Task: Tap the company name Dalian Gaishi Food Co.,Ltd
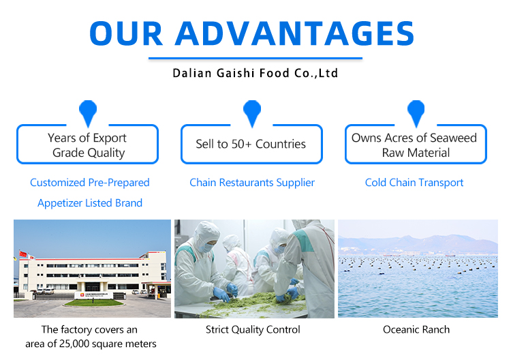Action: tap(255, 73)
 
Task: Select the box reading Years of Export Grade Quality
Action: tap(87, 145)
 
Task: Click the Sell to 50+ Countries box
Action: tap(251, 144)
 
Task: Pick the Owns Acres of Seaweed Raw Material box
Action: tap(415, 145)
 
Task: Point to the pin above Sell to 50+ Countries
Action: tap(251, 112)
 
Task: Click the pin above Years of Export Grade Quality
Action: tap(88, 112)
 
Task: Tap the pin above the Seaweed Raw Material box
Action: tap(416, 112)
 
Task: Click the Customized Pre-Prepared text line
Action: tap(89, 183)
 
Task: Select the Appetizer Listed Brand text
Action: tap(89, 203)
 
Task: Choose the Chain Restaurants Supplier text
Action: tap(252, 183)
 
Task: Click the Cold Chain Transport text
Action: tap(414, 183)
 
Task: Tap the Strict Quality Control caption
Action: tap(253, 330)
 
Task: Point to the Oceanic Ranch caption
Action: tap(416, 330)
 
